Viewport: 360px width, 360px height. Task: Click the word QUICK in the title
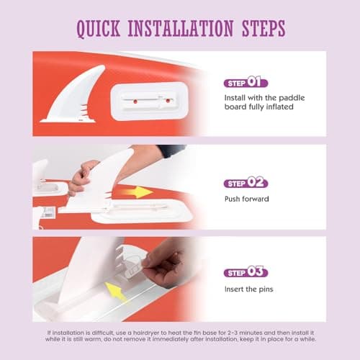(x=99, y=29)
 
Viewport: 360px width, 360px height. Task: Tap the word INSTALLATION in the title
(x=181, y=28)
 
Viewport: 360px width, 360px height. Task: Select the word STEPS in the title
(x=264, y=28)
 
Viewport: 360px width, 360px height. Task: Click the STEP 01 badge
(x=246, y=82)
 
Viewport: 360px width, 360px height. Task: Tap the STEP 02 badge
(x=246, y=183)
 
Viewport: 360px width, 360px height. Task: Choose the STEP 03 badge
(x=246, y=271)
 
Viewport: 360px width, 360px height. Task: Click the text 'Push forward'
(x=247, y=199)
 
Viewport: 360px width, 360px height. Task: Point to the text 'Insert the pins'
(x=249, y=289)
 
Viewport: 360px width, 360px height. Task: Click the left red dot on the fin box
(x=135, y=102)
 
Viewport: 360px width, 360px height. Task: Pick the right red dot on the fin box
(x=168, y=101)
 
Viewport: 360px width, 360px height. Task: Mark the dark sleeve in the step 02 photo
(x=171, y=150)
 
